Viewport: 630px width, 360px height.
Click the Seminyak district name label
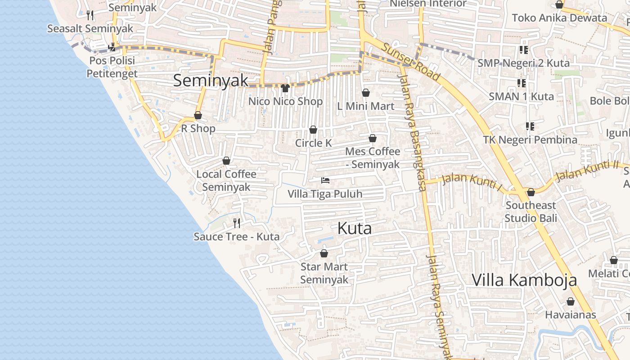[211, 81]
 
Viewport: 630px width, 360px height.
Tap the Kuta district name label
[355, 228]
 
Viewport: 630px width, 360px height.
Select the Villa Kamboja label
[524, 280]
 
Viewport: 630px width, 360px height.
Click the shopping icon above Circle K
[313, 130]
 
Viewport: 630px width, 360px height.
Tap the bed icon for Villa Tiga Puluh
[325, 180]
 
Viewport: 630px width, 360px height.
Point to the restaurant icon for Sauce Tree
[237, 223]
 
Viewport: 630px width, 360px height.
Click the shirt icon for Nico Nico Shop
[285, 88]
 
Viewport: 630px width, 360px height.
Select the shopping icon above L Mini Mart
[366, 93]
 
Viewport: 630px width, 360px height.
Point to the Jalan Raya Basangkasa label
[412, 130]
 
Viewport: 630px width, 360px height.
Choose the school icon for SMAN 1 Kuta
[522, 83]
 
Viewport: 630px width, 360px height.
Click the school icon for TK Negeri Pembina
[530, 126]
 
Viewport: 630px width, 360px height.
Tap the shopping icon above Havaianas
[571, 301]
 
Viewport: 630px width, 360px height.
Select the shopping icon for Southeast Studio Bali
[531, 192]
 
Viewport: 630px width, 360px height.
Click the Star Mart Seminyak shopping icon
[324, 253]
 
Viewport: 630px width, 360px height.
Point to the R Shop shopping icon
[198, 116]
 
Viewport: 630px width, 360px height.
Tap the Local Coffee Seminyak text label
[226, 180]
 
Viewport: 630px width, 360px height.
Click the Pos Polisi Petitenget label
[112, 67]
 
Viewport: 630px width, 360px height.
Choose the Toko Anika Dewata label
[559, 18]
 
